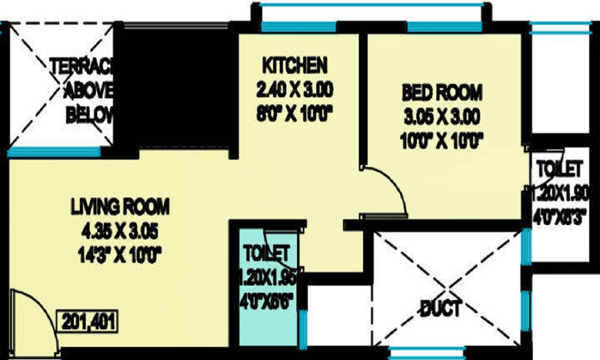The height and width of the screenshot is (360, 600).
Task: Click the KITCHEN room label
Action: point(294,64)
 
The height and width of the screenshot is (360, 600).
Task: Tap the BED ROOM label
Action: point(442,92)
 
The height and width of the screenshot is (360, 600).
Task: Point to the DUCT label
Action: point(441,309)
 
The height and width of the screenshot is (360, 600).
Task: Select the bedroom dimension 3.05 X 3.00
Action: point(442,116)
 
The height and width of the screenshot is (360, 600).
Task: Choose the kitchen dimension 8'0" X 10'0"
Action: point(294,114)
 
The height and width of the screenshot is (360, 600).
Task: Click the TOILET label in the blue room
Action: point(267,252)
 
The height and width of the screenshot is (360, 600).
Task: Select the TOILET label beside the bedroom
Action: point(560,166)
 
